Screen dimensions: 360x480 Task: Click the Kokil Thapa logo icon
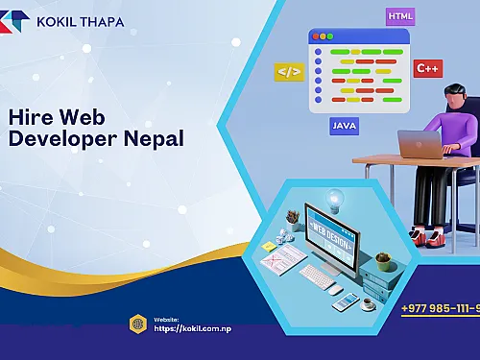[14, 22]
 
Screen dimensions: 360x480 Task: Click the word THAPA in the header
[99, 21]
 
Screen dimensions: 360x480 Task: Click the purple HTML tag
[400, 16]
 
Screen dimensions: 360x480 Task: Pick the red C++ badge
[426, 68]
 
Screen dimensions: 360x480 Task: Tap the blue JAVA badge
[345, 126]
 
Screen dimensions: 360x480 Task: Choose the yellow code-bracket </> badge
[288, 71]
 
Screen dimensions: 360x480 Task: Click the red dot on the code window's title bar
[314, 36]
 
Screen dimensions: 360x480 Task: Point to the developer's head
[457, 97]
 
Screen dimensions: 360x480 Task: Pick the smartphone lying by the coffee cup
[343, 303]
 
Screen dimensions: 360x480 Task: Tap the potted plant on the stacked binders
[383, 258]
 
